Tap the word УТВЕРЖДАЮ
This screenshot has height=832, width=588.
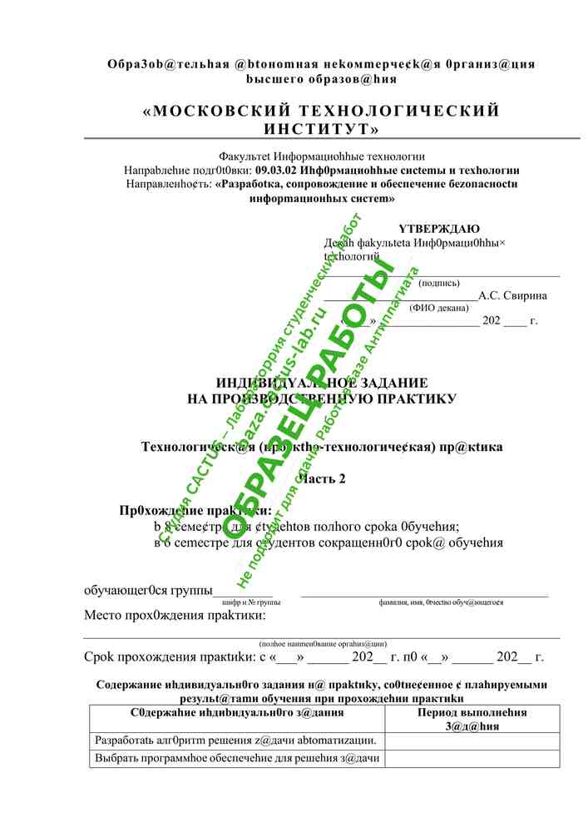pos(438,229)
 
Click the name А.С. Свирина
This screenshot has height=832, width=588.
pos(512,295)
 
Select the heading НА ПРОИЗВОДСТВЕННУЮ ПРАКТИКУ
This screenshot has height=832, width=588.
pos(323,399)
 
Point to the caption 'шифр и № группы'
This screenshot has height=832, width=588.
pos(251,602)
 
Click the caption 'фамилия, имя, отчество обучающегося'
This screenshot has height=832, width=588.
pos(440,602)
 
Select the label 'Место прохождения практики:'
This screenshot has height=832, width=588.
pos(175,617)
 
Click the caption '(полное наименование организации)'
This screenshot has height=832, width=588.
pos(323,643)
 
